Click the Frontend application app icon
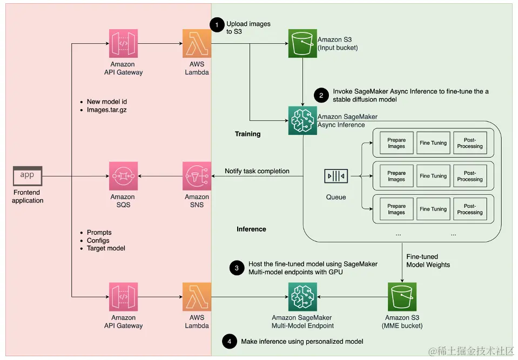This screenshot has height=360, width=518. pyautogui.click(x=28, y=175)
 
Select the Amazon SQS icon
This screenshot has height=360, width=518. pyautogui.click(x=123, y=176)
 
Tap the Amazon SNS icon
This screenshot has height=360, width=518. pyautogui.click(x=197, y=176)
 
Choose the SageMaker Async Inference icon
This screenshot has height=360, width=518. pyautogui.click(x=302, y=120)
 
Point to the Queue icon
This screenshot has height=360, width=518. pyautogui.click(x=335, y=176)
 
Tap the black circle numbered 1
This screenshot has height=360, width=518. pyautogui.click(x=217, y=24)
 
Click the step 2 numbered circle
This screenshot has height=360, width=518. pyautogui.click(x=321, y=96)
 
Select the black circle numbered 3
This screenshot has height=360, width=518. pyautogui.click(x=237, y=268)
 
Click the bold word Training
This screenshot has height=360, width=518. pyautogui.click(x=247, y=134)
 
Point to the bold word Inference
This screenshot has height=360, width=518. pyautogui.click(x=251, y=229)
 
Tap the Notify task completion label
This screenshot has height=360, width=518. pyautogui.click(x=257, y=171)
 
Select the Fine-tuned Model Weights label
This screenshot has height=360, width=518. pyautogui.click(x=428, y=261)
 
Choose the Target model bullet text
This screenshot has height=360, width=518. pyautogui.click(x=106, y=248)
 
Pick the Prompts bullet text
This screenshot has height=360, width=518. pyautogui.click(x=99, y=233)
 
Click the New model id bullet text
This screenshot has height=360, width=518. pyautogui.click(x=107, y=101)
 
